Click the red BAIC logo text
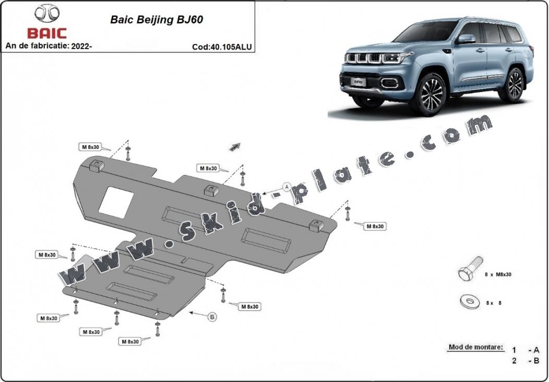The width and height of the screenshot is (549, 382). coord(47,33)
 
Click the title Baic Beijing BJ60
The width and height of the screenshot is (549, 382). coord(157,20)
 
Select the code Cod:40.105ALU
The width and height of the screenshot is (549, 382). coord(222,47)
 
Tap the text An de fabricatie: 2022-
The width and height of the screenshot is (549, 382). coord(49,46)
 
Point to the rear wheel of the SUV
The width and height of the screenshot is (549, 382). coord(512,85)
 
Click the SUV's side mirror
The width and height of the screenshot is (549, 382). coord(466,39)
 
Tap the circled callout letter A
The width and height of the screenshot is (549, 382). coord(287,187)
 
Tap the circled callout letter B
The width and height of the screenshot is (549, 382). coord(212,316)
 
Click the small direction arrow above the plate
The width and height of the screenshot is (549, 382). coord(235,146)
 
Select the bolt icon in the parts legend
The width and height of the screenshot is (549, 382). coord(469,270)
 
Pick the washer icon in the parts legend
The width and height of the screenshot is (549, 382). coord(469,302)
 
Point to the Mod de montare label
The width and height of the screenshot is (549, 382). coord(475,347)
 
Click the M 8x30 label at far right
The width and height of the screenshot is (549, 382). coord(375,226)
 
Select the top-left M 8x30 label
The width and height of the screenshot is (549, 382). coord(90,147)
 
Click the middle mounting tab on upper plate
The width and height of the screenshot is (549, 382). coord(211,191)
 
